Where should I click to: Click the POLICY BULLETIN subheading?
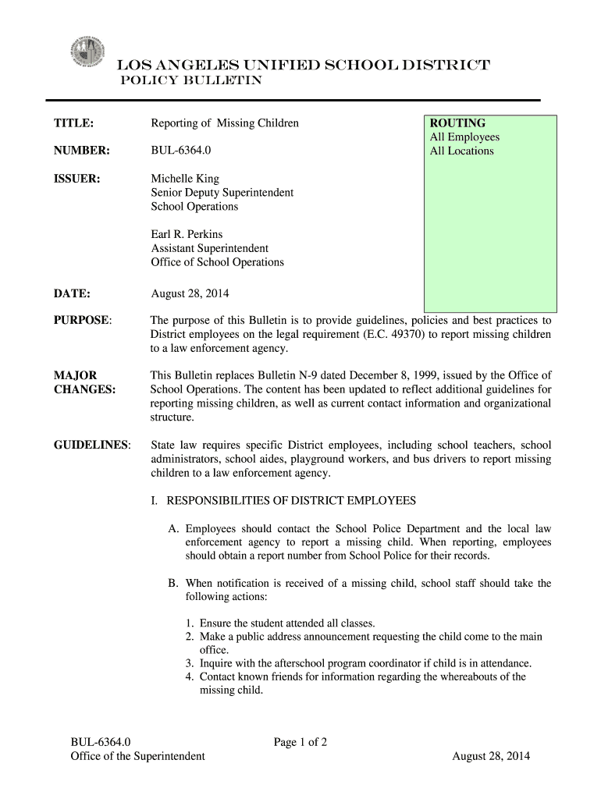click(190, 80)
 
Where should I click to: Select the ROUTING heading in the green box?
click(457, 123)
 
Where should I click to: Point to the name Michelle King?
click(185, 179)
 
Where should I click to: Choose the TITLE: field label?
click(73, 123)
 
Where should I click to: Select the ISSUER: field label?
click(76, 179)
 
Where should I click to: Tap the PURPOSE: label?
click(82, 321)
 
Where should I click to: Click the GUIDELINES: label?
click(91, 445)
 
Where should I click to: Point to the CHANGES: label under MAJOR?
click(84, 389)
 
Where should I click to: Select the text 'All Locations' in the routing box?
click(461, 151)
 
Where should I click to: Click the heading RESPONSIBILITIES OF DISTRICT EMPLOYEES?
click(291, 500)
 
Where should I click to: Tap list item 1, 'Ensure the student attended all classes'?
click(287, 623)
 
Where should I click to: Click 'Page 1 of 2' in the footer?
click(300, 742)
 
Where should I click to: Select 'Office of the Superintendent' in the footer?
click(137, 756)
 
